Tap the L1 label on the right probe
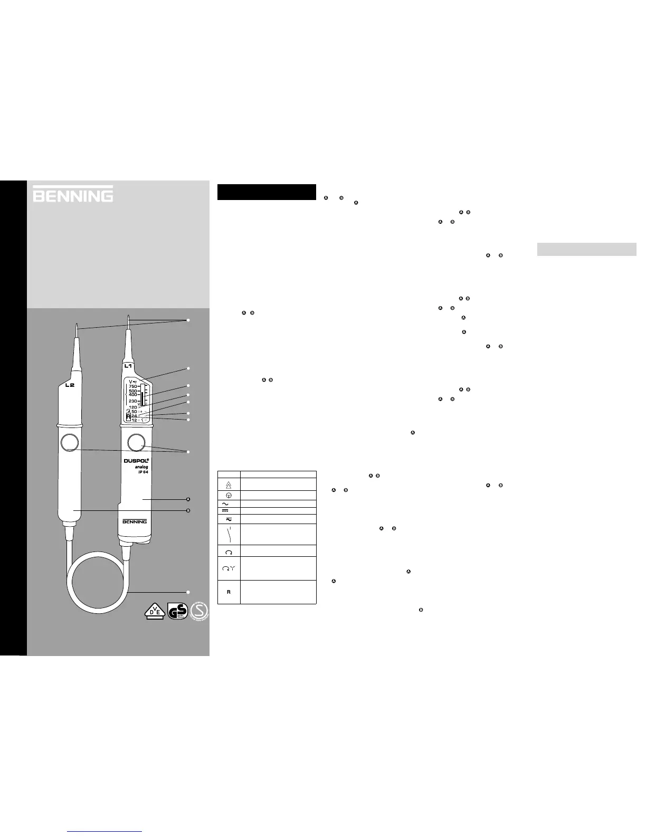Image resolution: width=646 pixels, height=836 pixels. (128, 365)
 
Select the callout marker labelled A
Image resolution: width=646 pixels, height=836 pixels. (188, 499)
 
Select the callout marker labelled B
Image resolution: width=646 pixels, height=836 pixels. (188, 510)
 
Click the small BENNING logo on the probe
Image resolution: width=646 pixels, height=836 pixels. (134, 522)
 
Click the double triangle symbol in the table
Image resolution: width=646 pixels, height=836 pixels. (229, 484)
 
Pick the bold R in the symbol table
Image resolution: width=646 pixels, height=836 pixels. (229, 592)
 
